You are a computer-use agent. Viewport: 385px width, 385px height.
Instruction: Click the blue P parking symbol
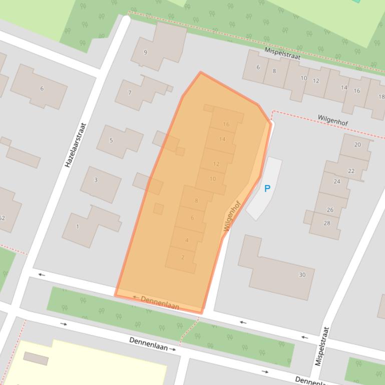coord(267,188)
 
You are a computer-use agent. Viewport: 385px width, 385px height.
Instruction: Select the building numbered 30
coord(302,274)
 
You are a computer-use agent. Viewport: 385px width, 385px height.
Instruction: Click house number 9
coord(145,52)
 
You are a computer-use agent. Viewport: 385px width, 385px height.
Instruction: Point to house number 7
coord(130,92)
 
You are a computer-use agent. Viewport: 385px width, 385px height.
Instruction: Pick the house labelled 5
coord(111,140)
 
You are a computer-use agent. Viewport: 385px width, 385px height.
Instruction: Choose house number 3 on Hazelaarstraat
coord(96,180)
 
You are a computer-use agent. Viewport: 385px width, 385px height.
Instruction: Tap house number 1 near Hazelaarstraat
coord(78,226)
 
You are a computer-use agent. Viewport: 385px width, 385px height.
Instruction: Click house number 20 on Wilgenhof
coord(357,144)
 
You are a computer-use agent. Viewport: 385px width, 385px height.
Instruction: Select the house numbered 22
coord(351,171)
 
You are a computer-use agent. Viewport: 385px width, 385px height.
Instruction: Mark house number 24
coord(337,181)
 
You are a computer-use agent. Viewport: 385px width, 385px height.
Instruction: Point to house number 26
coord(330,210)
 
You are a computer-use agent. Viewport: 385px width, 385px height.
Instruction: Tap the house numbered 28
coord(327,223)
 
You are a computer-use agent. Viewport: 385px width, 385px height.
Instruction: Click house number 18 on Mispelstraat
coord(381,97)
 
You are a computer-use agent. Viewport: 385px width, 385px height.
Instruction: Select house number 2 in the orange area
coord(183,257)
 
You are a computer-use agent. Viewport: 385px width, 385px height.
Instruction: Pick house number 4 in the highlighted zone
coord(187,240)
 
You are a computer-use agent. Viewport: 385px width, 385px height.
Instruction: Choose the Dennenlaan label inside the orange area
coord(159,302)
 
